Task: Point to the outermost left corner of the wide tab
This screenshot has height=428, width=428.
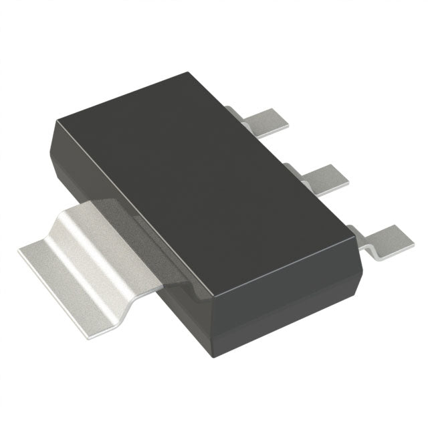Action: coord(18,249)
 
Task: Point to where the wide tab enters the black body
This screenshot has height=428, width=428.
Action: coord(154,234)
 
